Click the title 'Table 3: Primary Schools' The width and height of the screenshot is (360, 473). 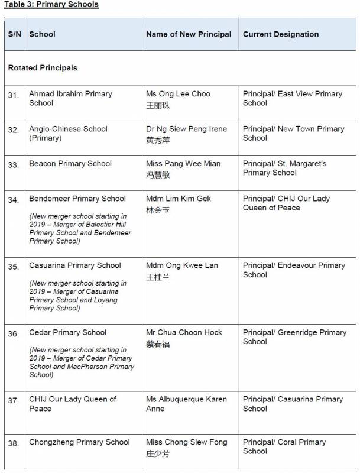(x=51, y=5)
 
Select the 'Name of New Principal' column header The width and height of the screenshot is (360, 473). (x=189, y=34)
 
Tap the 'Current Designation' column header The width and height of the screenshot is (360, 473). (x=281, y=34)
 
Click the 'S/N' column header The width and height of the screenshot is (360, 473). (x=14, y=34)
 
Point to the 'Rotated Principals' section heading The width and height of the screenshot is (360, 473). (x=43, y=68)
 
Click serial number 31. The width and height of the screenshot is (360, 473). (x=14, y=95)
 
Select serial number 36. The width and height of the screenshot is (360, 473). (x=14, y=333)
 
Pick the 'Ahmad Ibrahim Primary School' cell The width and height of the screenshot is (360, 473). (x=70, y=98)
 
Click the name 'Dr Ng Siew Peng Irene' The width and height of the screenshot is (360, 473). (x=186, y=129)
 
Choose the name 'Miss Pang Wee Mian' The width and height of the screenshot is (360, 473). (x=183, y=164)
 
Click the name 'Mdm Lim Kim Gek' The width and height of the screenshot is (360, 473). (x=179, y=199)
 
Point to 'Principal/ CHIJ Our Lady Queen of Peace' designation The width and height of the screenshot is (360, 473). (x=286, y=203)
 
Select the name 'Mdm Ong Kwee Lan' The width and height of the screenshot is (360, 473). (x=182, y=265)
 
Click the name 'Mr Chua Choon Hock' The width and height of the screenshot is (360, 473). (x=184, y=332)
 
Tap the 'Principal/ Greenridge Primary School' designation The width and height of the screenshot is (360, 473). (x=294, y=336)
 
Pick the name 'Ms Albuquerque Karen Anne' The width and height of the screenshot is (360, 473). (x=186, y=403)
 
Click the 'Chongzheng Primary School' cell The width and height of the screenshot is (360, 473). (x=79, y=442)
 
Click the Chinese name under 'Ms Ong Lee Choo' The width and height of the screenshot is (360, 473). (x=158, y=105)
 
